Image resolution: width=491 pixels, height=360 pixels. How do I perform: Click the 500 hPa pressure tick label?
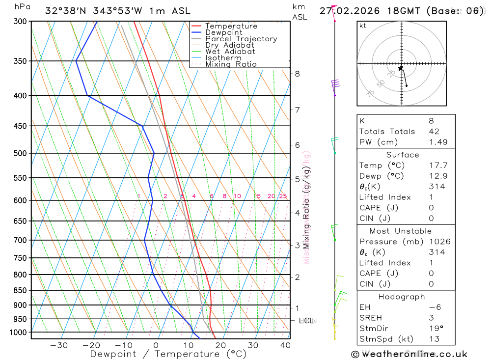tap(20, 153)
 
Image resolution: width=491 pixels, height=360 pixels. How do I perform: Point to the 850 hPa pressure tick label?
tap(20, 290)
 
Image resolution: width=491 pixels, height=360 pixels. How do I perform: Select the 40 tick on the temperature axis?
tap(285, 345)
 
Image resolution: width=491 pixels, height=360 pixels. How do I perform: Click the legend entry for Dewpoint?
tap(224, 32)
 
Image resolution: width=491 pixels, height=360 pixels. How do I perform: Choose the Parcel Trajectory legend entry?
tap(241, 39)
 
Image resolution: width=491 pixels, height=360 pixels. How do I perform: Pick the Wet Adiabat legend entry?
tap(230, 52)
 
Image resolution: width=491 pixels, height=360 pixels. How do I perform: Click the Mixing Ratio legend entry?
tap(231, 64)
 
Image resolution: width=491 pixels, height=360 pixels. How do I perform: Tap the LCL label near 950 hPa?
tap(306, 321)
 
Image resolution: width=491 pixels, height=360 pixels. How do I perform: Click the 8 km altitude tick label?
tap(297, 74)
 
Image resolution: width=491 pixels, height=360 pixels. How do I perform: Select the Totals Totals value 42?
tap(434, 131)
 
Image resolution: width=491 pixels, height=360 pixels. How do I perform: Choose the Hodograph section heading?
tap(402, 297)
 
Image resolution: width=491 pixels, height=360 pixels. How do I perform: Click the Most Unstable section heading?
tap(401, 231)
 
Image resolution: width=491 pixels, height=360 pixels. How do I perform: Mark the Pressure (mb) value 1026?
tap(439, 242)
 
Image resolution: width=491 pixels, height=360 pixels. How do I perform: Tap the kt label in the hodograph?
tap(363, 26)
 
